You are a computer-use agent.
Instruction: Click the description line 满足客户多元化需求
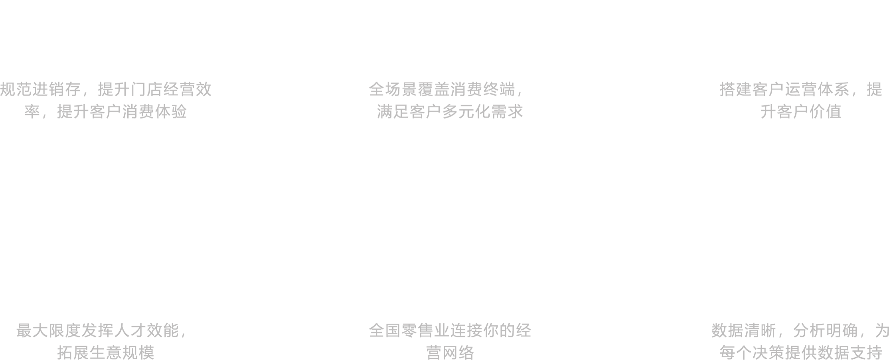[450, 112]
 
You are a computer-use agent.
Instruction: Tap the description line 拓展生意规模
[105, 353]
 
